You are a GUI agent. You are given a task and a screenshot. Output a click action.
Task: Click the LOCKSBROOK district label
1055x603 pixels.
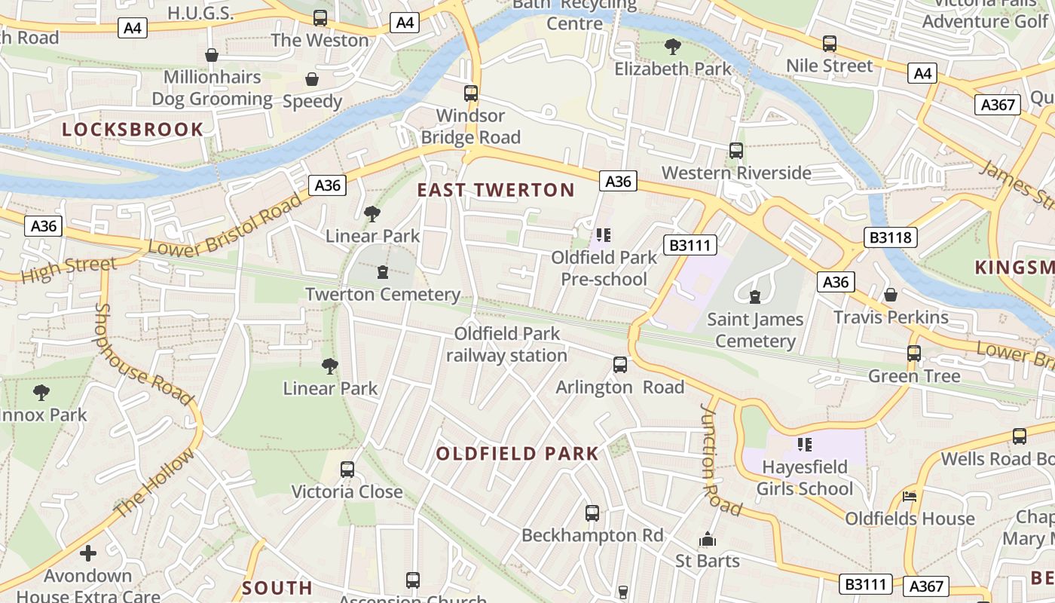pos(133,129)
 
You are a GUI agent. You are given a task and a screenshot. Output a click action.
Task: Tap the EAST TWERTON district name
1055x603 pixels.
pos(496,190)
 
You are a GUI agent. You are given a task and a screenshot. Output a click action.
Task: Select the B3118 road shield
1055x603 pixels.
pos(890,238)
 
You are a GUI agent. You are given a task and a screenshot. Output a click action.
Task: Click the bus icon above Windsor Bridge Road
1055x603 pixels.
pos(471,93)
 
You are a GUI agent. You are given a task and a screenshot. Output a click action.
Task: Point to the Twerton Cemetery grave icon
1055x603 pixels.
pos(383,272)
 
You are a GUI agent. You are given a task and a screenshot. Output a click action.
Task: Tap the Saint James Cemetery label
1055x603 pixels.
pos(755,330)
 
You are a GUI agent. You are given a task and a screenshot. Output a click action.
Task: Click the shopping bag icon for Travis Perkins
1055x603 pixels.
pos(891,295)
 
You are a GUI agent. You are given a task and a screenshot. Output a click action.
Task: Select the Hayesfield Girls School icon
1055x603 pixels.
pos(804,445)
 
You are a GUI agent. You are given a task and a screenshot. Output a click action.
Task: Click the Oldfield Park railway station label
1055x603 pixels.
pos(506,344)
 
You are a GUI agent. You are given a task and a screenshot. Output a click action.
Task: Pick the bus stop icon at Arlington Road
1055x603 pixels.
pos(620,365)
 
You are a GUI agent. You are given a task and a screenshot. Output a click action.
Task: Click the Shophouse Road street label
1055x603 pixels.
pos(143,354)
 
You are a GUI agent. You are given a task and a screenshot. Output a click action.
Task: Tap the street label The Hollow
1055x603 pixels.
pos(154,483)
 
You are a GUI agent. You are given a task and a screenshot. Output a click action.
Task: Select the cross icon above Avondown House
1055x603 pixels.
pos(88,554)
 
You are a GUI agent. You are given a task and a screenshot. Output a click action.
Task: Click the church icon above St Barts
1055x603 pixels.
pos(707,540)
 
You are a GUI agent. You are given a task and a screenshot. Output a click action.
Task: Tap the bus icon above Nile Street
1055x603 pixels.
pos(830,44)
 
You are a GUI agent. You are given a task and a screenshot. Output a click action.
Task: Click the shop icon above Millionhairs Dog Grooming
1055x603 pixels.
pos(213,55)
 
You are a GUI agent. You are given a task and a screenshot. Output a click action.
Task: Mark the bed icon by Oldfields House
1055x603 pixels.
pos(910,497)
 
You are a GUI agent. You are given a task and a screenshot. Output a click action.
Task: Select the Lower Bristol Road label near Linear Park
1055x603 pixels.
pos(226,225)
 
